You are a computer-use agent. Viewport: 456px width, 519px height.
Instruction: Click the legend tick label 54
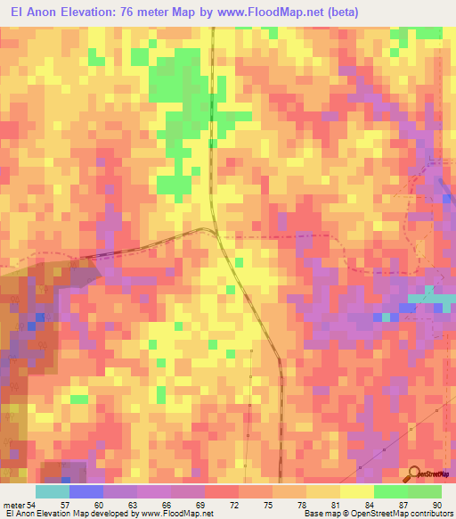33,505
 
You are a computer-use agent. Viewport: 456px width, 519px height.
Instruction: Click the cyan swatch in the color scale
53,491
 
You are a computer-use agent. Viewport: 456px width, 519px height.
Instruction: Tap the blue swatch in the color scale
86,491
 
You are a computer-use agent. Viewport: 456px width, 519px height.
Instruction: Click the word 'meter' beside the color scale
13,505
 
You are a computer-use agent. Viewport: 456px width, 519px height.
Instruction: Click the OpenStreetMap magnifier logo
415,474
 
